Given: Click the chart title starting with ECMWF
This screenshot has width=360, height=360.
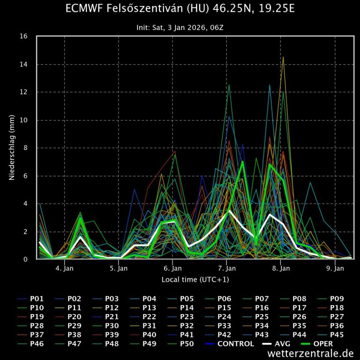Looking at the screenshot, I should tap(180, 9).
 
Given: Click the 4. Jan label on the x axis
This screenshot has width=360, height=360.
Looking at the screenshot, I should tap(64, 269).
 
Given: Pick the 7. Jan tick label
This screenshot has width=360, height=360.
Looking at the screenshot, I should tap(227, 269).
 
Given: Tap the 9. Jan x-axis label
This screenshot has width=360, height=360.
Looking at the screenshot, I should tap(335, 269).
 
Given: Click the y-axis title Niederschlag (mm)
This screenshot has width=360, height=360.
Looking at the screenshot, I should tap(12, 148).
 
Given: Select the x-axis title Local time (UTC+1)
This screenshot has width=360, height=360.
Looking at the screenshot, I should tap(195, 279).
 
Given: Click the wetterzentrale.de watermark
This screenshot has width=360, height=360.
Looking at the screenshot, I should tap(311, 353).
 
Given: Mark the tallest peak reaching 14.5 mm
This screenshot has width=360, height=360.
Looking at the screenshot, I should tap(283, 57).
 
